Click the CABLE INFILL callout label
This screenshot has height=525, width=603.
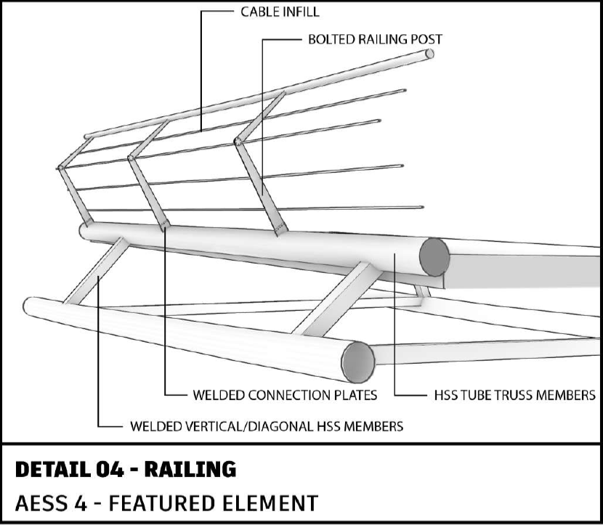(280, 12)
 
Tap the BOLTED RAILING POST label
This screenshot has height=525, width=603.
(375, 39)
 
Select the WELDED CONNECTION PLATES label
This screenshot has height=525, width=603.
(285, 395)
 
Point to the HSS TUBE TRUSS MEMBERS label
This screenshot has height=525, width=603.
(514, 395)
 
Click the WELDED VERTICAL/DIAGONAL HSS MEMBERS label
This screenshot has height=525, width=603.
(267, 426)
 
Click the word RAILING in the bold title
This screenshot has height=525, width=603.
(190, 469)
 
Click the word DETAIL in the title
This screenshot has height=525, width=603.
(52, 469)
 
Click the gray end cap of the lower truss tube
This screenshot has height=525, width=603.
(358, 362)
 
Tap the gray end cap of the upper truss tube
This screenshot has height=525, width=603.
(434, 257)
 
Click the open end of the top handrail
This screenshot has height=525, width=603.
(430, 54)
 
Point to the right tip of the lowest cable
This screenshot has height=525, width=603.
(422, 208)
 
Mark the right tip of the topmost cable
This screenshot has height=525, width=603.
(405, 91)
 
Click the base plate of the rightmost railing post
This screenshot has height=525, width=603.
(281, 229)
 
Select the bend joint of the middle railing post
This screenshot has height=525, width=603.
(131, 158)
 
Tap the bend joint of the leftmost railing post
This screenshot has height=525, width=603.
(60, 168)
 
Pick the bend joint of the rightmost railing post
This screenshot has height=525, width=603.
(238, 142)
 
